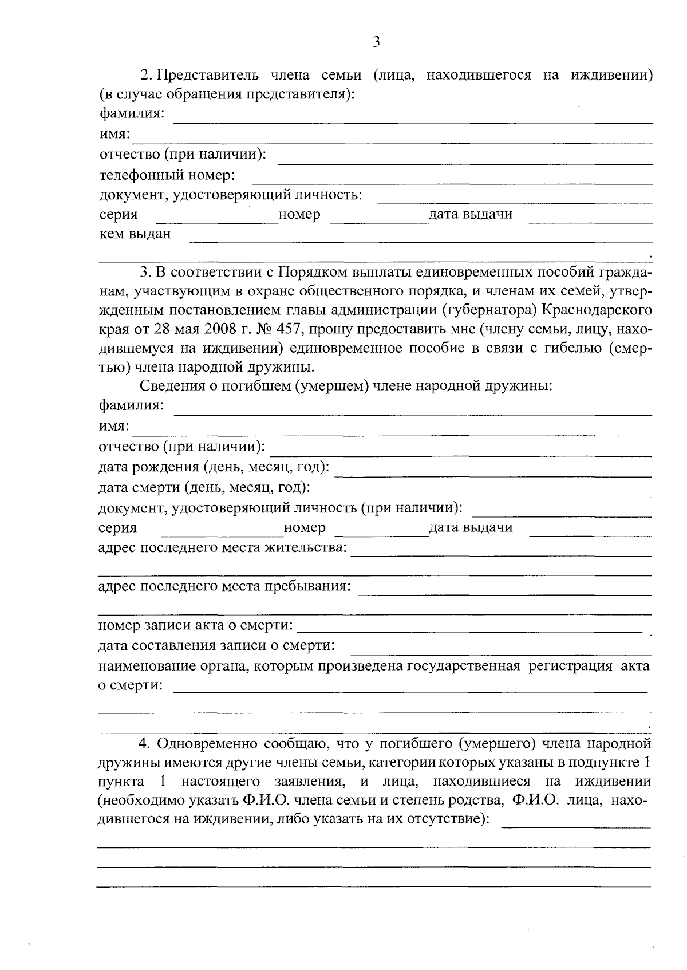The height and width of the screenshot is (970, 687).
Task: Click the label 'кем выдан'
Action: [x=135, y=234]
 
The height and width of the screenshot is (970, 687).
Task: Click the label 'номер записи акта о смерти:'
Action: [x=196, y=625]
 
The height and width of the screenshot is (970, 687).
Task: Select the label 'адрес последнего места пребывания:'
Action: [x=224, y=586]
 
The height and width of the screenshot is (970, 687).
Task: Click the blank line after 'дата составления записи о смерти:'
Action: [x=501, y=653]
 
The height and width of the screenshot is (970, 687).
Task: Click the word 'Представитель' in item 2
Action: [x=208, y=75]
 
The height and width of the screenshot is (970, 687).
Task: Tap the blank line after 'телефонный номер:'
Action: [x=452, y=183]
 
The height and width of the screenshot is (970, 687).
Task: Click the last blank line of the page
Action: [x=373, y=886]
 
